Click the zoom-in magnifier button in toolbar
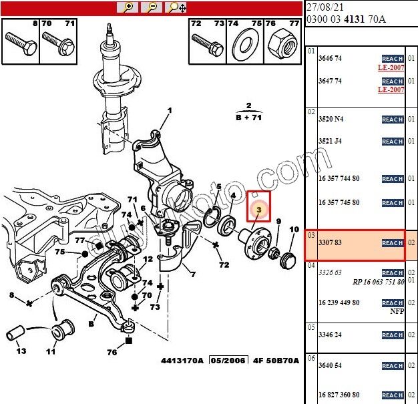tap(127, 7)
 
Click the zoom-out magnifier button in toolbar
tap(152, 7)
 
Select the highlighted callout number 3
tap(258, 208)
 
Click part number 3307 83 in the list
tap(330, 243)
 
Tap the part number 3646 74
tap(330, 59)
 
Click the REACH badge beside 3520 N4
tap(392, 120)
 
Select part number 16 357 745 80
tap(339, 202)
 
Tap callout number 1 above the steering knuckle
tap(169, 111)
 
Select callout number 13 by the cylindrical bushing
tap(21, 351)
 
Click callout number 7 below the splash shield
tap(192, 274)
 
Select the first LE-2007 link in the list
tap(391, 67)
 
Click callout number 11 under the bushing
tap(51, 351)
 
